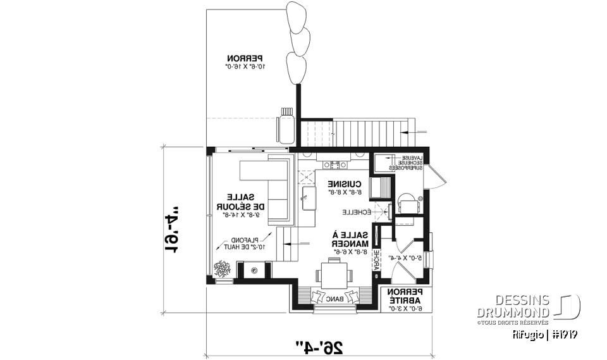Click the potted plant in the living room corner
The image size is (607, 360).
[x=221, y=269]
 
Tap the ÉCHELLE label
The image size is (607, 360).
[x=355, y=211]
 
